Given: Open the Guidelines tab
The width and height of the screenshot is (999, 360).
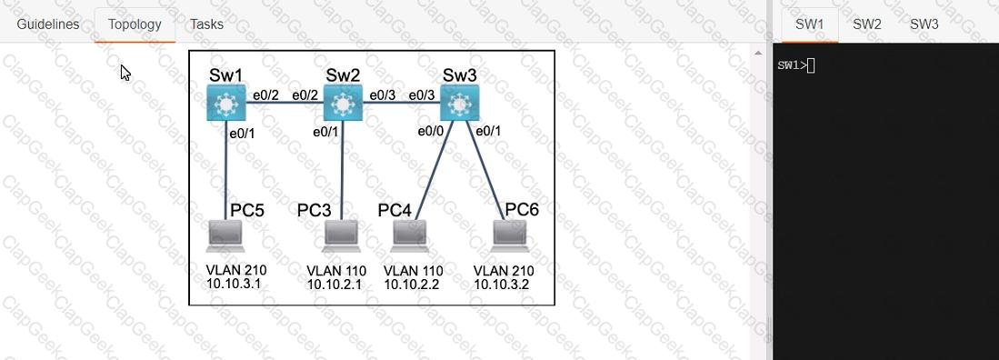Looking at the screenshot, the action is pos(48,25).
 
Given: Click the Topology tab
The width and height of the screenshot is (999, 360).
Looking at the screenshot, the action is pos(135,25).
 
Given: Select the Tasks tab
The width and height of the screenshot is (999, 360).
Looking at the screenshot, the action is pos(206,25).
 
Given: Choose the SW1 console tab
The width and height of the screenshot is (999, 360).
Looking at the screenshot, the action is pos(810,25).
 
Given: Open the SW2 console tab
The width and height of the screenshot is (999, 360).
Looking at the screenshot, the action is pos(867,25).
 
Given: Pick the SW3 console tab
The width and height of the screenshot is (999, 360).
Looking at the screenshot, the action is pos(924,25).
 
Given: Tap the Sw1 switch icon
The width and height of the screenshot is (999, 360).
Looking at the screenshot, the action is pos(226,103).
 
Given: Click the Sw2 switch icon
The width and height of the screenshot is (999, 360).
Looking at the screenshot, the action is pos(343,103).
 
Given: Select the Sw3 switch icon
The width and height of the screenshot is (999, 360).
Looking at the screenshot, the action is pos(459,103).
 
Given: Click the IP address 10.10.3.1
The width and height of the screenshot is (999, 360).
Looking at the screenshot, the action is pos(234,284).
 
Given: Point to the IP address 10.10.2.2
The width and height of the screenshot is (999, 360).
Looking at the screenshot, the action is pos(412,285).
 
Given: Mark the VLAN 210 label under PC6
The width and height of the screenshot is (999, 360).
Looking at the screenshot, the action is pos(504,271).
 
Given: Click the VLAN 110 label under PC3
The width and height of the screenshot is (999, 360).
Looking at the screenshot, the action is pos(335,271).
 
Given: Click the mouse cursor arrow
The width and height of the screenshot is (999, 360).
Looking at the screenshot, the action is pos(125,73).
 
